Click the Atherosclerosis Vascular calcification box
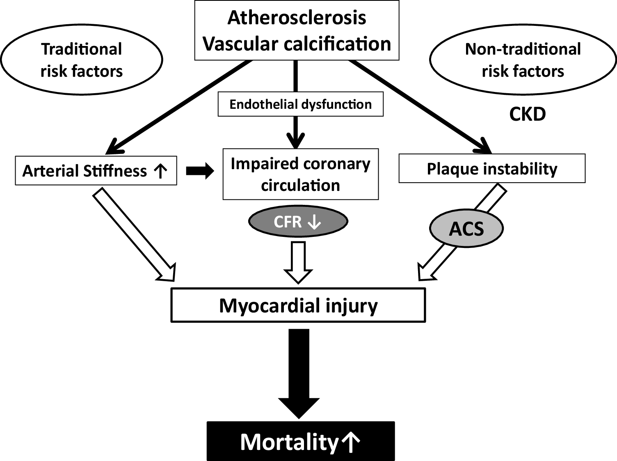(x=297, y=31)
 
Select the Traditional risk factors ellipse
(x=81, y=60)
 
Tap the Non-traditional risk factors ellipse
(x=523, y=60)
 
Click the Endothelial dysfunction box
(x=300, y=104)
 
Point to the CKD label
(x=527, y=114)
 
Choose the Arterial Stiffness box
(x=96, y=171)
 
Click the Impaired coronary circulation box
(x=300, y=174)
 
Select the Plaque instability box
(x=491, y=169)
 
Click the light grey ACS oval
(x=466, y=229)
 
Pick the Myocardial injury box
(x=298, y=305)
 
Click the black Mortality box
(x=300, y=441)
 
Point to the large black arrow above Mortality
(x=299, y=374)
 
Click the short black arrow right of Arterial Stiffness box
(x=200, y=171)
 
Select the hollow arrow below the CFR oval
(x=298, y=262)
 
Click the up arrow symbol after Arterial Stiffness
(x=160, y=171)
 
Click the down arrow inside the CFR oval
(x=314, y=222)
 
